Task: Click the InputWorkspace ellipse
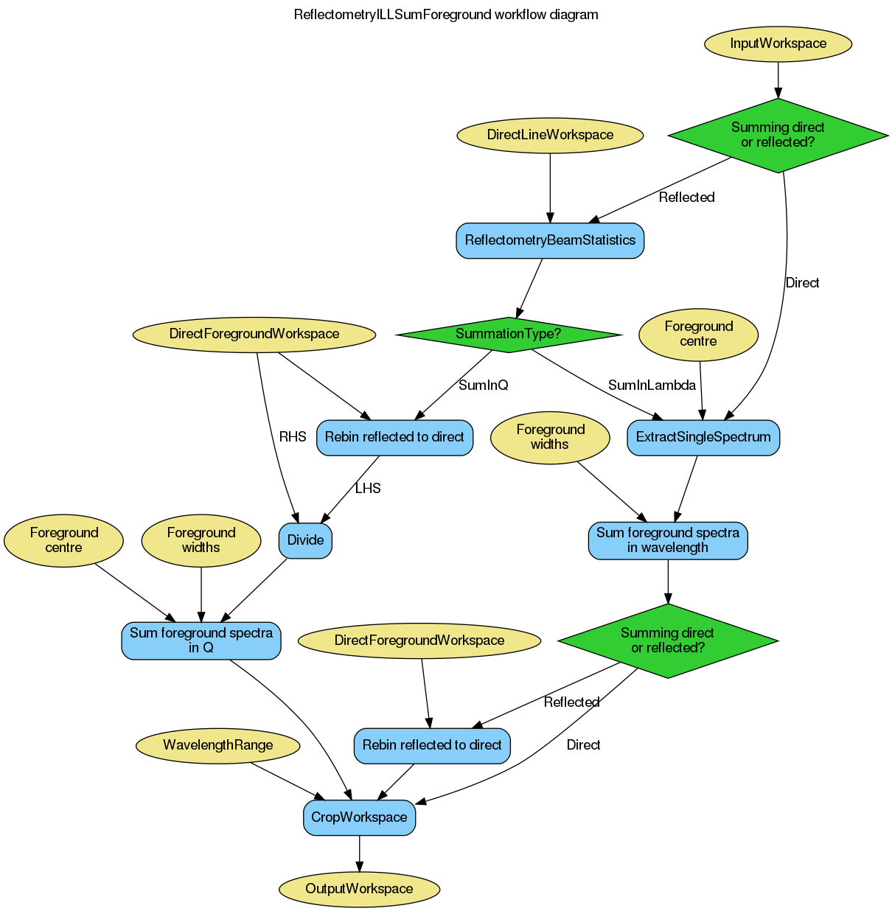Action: coord(778,43)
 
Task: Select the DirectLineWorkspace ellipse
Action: coord(550,135)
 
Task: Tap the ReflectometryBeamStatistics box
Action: coord(550,240)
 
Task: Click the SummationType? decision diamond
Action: coord(508,334)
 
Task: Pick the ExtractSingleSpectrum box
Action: coord(703,437)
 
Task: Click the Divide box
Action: coord(305,540)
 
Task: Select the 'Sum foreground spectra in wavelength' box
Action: coord(667,540)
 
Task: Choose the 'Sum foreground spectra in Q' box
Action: coord(201,640)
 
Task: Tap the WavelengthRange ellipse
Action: coord(217,745)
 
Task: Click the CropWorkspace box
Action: coord(359,817)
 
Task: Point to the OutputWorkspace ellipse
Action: coord(359,889)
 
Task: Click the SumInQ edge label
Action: coord(483,385)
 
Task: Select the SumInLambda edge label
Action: coord(652,385)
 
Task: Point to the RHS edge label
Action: coord(292,437)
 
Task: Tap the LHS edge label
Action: coord(367,489)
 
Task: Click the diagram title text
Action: coord(445,15)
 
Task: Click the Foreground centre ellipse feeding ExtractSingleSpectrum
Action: coord(698,334)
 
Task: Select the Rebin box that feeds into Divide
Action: coord(394,437)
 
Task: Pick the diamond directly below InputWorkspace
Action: coord(778,135)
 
